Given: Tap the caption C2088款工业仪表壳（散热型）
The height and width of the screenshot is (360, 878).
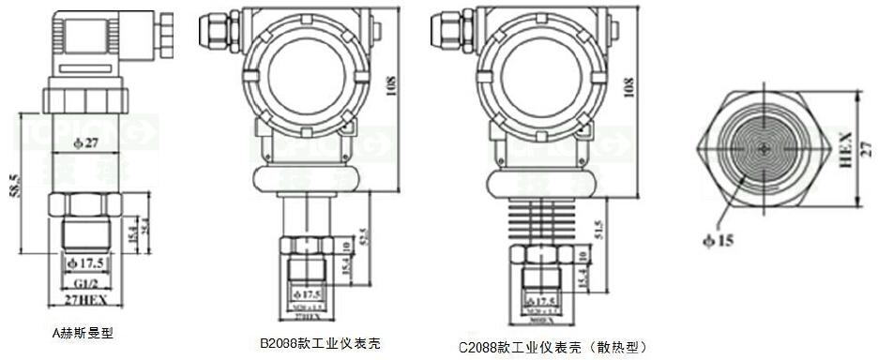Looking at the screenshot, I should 553,347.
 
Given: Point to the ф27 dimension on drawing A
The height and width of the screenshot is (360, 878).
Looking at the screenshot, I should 86,143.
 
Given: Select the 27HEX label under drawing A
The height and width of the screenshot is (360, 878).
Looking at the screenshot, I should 85,299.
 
